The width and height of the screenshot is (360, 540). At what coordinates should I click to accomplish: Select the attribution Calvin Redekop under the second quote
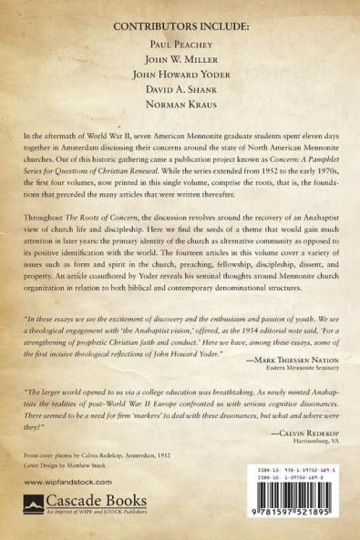click(296, 423)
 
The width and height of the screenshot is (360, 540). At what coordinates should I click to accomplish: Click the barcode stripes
click(296, 497)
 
